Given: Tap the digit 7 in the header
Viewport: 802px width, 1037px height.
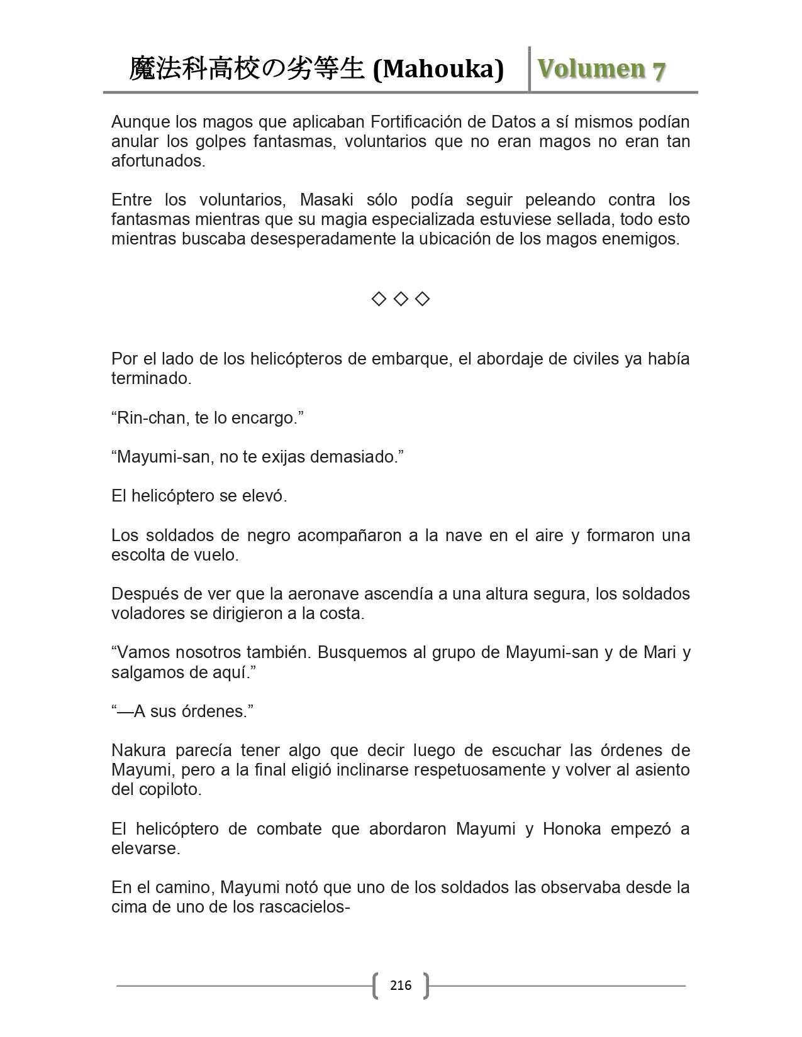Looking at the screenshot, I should tap(659, 70).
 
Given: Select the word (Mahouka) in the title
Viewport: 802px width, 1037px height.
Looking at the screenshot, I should tap(438, 69).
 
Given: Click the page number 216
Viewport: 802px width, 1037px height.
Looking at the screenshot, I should tap(401, 985).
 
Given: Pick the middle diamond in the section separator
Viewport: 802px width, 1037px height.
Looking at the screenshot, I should tap(401, 299).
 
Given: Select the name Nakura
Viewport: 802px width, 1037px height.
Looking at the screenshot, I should tap(138, 750).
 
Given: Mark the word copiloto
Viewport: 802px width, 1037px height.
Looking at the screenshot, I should tap(170, 789).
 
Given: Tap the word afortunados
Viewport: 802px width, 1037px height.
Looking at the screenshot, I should tap(158, 161).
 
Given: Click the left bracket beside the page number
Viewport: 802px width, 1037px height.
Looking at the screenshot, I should tap(376, 985).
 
